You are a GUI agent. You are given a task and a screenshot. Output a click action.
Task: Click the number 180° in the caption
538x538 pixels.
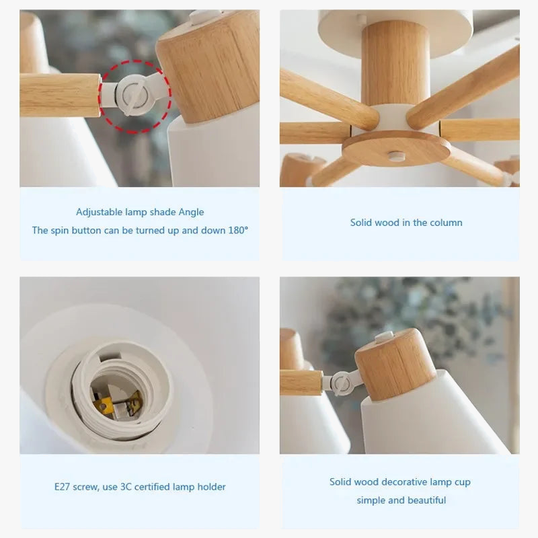(x=237, y=230)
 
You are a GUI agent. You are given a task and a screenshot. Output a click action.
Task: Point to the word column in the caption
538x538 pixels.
(x=447, y=223)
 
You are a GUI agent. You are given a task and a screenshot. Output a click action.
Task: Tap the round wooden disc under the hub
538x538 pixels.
(x=396, y=147)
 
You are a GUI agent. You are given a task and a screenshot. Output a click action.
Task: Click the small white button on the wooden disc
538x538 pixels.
(x=397, y=156)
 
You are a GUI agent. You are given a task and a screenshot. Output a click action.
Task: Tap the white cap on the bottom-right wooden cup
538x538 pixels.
(x=384, y=334)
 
